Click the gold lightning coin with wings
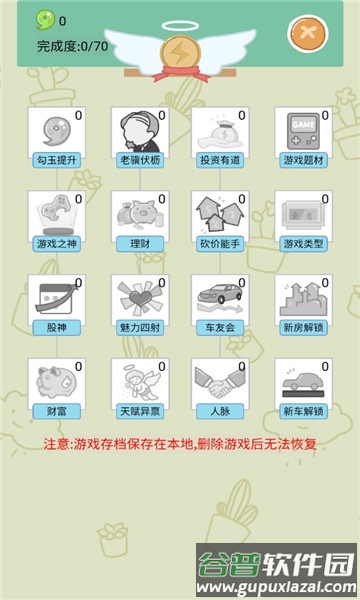[x=179, y=51]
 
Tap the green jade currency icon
[x=45, y=20]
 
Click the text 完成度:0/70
[x=72, y=46]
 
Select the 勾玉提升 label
[x=57, y=159]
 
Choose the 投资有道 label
[x=221, y=159]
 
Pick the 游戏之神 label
[x=57, y=243]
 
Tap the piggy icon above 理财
[x=138, y=214]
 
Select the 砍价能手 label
[x=221, y=243]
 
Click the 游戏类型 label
[x=303, y=243]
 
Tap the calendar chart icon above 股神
[x=55, y=298]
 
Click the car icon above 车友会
[x=219, y=298]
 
